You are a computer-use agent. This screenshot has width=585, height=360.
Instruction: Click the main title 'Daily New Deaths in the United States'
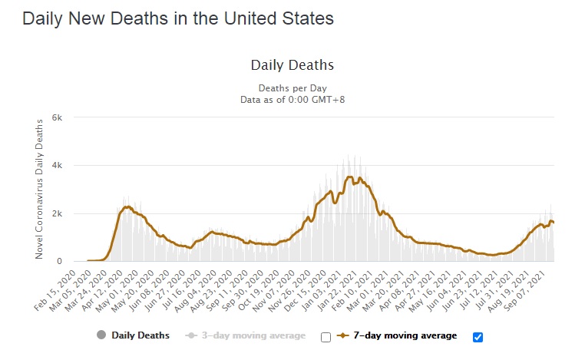click(x=177, y=18)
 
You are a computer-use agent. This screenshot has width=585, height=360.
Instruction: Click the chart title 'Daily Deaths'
click(x=292, y=65)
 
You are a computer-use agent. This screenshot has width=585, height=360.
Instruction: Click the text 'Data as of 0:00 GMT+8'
click(x=292, y=99)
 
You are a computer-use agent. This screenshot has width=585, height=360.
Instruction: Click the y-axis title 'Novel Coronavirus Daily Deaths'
click(x=39, y=189)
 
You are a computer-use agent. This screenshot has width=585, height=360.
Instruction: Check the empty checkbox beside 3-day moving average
click(x=326, y=336)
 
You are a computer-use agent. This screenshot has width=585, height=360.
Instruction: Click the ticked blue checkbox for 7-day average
click(x=478, y=336)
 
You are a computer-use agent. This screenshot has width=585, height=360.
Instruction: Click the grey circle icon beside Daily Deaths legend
click(x=100, y=335)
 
